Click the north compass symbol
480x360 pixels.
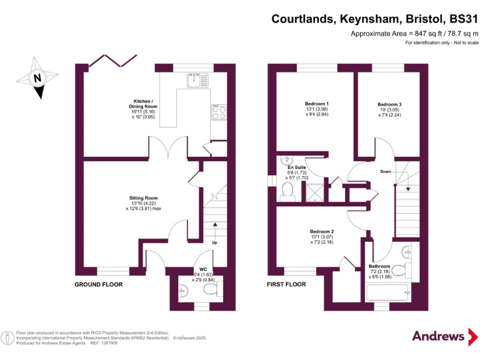tap(37, 79)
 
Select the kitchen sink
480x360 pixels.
tap(199, 79)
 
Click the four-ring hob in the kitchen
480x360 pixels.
tap(219, 112)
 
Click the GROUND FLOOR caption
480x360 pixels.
tap(99, 284)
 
